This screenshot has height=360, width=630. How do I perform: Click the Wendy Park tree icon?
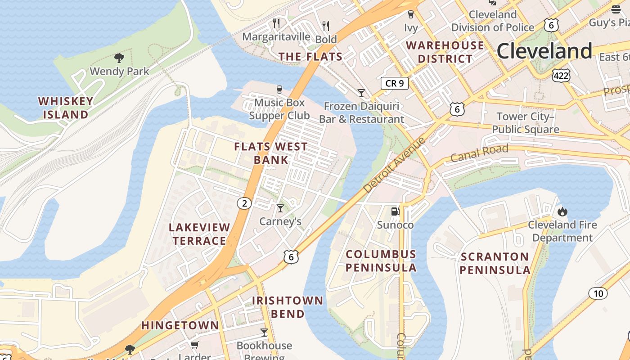[119, 58]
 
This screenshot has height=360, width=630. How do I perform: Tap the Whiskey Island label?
[66, 108]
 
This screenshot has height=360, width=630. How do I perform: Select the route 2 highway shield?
[244, 203]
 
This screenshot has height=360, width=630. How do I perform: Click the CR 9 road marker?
[395, 83]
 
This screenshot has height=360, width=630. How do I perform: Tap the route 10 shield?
[598, 294]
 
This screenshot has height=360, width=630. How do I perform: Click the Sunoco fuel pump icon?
[395, 211]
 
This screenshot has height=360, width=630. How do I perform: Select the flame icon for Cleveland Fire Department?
[562, 211]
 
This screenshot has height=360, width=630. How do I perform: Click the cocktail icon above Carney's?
[280, 208]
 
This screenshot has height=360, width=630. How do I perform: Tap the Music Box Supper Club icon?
[279, 89]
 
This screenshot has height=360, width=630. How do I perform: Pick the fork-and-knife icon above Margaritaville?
[276, 23]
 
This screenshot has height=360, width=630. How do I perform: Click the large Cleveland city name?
[544, 51]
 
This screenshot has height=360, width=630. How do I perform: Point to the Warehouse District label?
[445, 52]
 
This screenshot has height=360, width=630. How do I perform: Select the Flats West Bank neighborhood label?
[271, 153]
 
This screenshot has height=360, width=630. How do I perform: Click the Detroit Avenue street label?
[394, 165]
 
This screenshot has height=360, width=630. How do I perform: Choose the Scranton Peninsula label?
[495, 263]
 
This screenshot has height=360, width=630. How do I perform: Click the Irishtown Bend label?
[288, 307]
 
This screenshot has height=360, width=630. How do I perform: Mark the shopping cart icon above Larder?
[194, 345]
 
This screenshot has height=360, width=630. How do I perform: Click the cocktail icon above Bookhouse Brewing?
[264, 333]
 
